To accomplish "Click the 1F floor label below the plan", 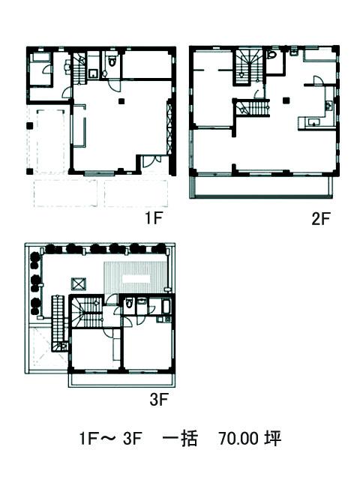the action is point(153,218).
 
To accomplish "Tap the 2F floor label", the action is point(322,218).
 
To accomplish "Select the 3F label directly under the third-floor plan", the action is point(159,399).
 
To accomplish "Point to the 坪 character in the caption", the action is point(272,438).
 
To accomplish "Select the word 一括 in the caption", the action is point(180,438).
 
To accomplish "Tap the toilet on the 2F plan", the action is point(271,55).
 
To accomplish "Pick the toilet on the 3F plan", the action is point(129,303).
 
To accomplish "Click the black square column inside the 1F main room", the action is point(121,100).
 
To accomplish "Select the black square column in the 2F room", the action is point(286,100).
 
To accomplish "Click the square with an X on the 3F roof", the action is point(79,283).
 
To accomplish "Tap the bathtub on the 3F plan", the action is point(166,307).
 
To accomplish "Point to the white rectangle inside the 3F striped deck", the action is point(136,278).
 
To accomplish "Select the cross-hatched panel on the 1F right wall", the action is point(169,128).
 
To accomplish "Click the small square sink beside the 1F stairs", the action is point(92,73).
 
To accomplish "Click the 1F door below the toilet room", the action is point(115,84).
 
